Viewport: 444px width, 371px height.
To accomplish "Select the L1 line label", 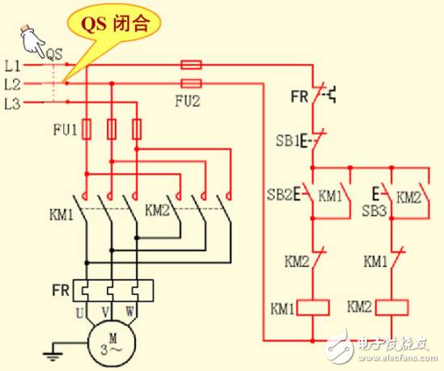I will (x=11, y=64).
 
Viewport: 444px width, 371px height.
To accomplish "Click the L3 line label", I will (x=11, y=103).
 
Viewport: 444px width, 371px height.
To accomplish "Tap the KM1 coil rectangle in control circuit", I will (x=312, y=308).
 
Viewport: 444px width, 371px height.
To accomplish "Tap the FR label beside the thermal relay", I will (x=59, y=289).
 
